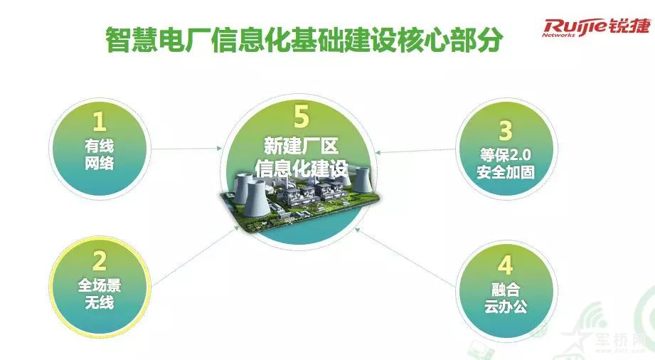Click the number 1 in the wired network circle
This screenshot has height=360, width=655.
point(100,122)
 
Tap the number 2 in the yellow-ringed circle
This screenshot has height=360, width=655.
point(100,261)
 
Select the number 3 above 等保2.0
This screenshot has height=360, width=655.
point(506,130)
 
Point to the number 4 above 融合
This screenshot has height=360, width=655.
point(505,265)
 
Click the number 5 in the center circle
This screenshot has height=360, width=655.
point(301,116)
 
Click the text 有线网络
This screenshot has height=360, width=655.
point(100,154)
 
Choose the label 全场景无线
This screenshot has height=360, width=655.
point(100,294)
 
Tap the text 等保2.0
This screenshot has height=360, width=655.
point(506,155)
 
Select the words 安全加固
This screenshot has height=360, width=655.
point(506,172)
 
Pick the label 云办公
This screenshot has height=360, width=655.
point(506,306)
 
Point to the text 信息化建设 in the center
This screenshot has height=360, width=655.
point(301,168)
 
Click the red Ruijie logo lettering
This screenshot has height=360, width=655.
point(575,28)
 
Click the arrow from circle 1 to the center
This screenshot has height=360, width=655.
point(187,149)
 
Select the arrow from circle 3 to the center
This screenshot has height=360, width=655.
point(415,151)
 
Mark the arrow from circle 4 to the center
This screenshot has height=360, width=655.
point(405,257)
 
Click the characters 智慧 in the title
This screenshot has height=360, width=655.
point(131,40)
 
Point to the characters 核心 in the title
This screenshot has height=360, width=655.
point(424,40)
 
